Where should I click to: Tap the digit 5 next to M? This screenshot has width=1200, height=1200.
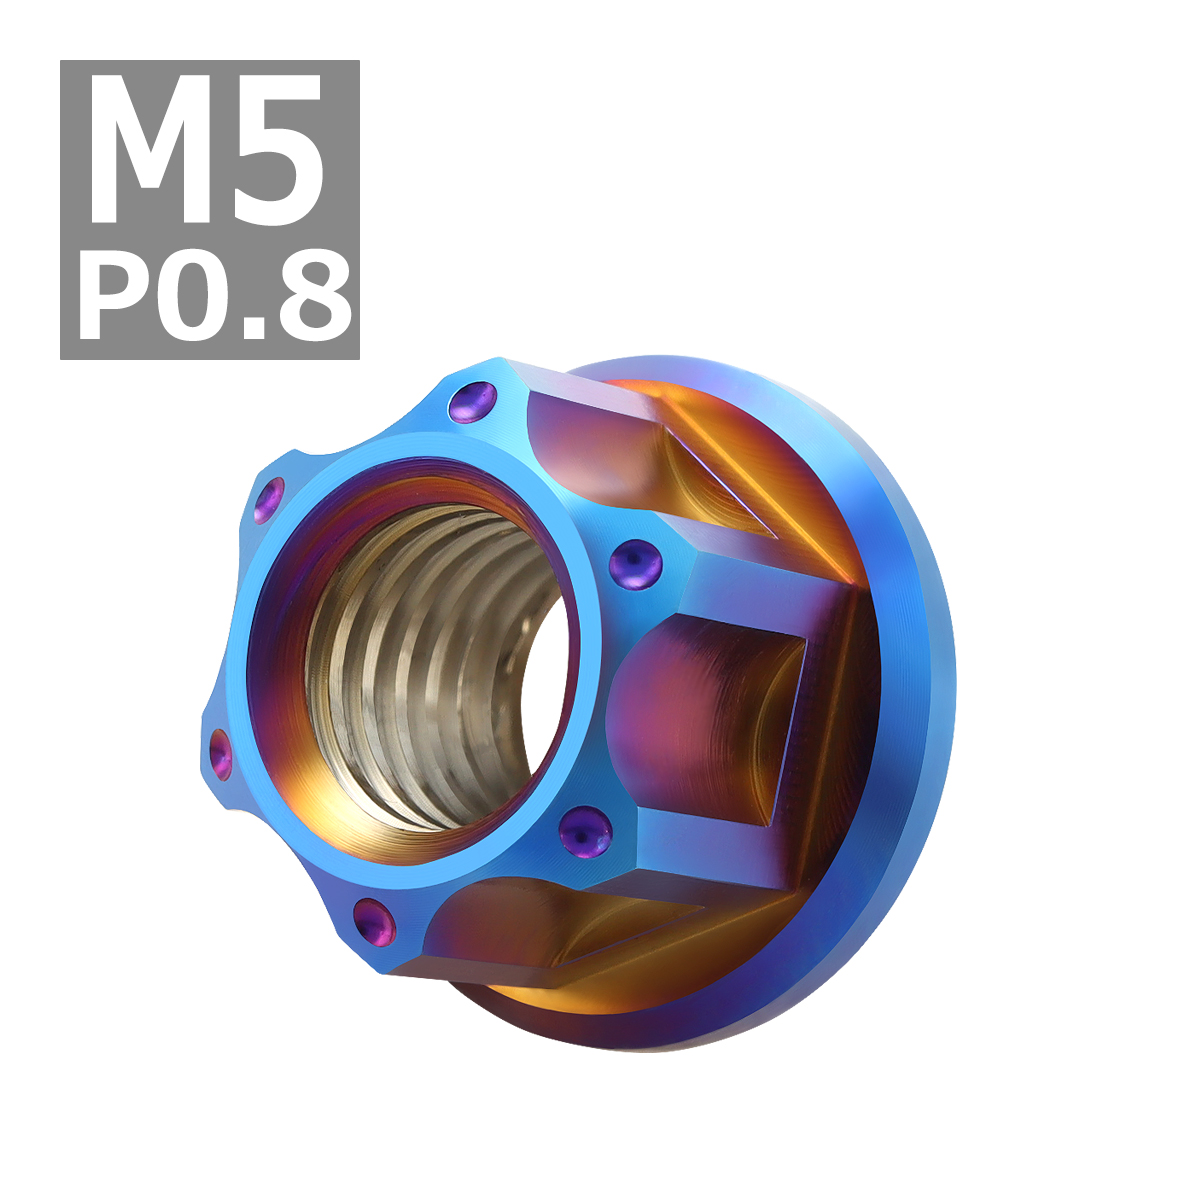[x=275, y=150]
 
